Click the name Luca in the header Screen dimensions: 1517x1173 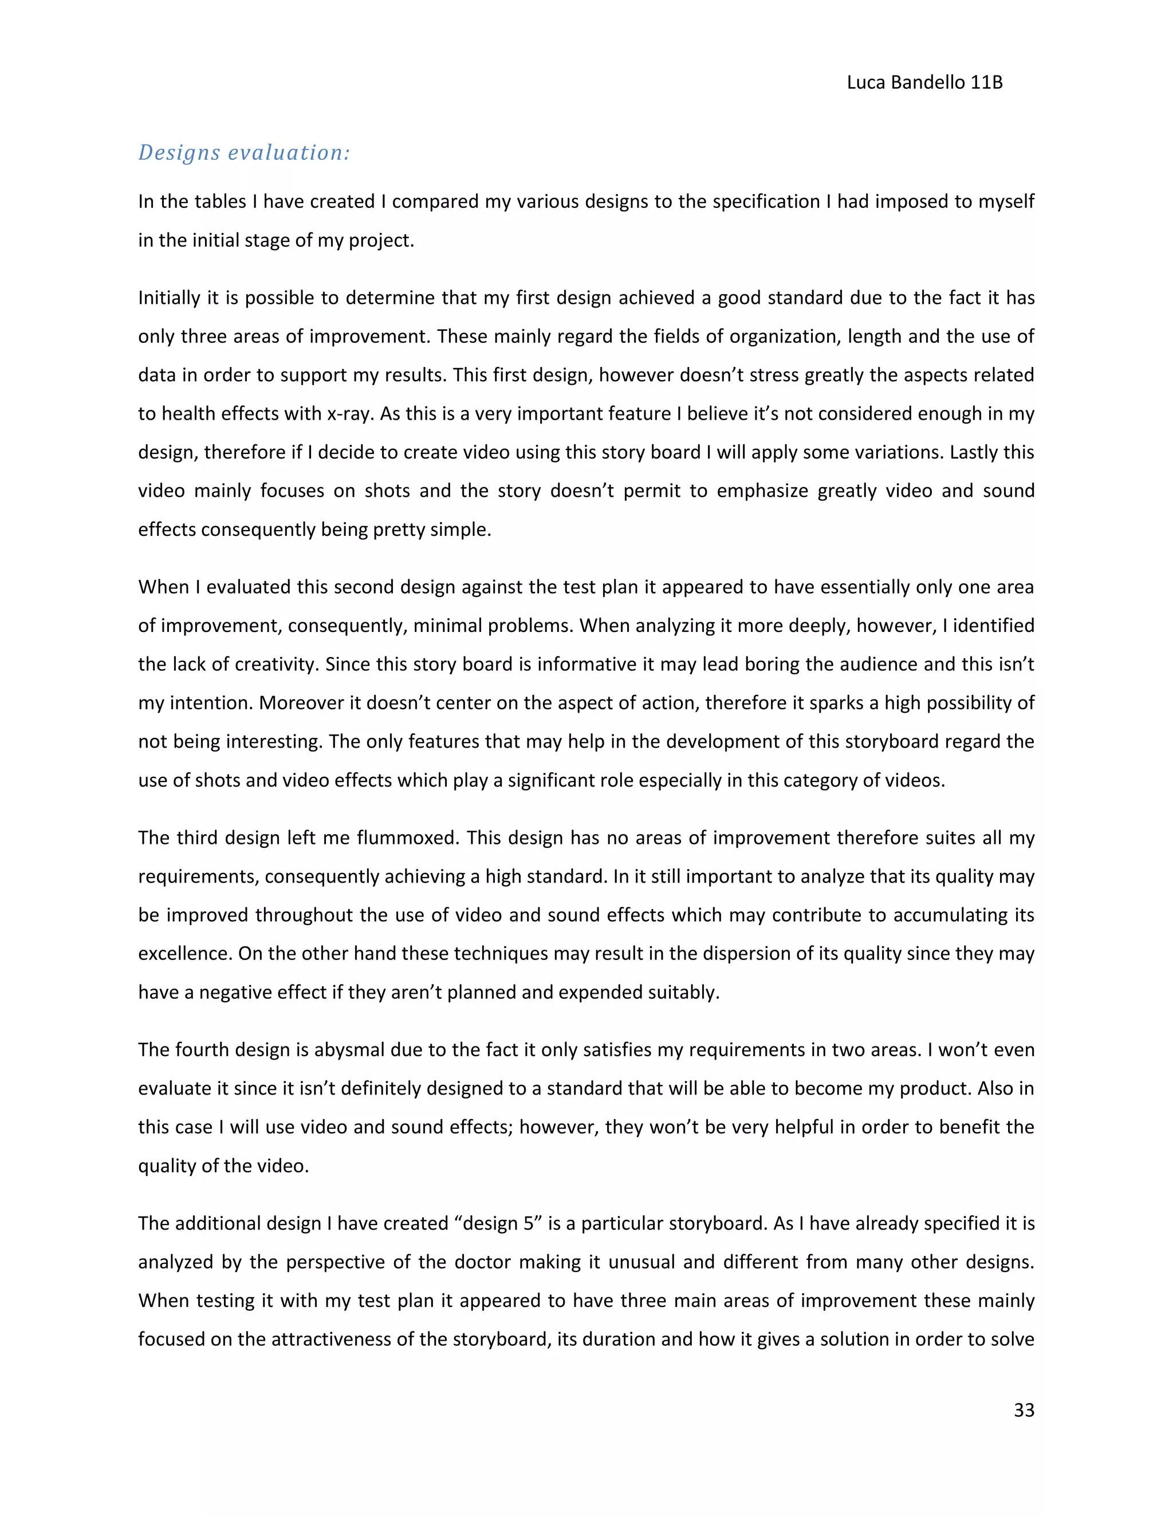coord(866,82)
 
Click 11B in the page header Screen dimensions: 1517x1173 coord(986,82)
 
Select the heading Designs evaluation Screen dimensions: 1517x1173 coord(244,153)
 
